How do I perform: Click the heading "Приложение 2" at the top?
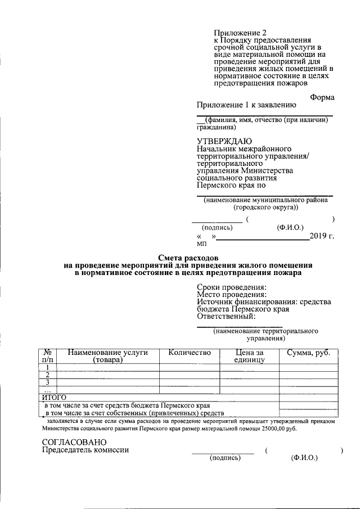(241, 33)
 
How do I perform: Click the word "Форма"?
(322, 97)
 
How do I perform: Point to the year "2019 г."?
(322, 236)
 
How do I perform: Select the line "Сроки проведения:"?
(231, 287)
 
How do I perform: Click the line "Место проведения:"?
(231, 295)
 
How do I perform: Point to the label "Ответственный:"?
(227, 316)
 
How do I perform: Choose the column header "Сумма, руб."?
(312, 353)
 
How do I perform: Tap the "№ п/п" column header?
(48, 356)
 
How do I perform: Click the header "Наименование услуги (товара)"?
(107, 356)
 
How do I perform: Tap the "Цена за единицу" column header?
(249, 356)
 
